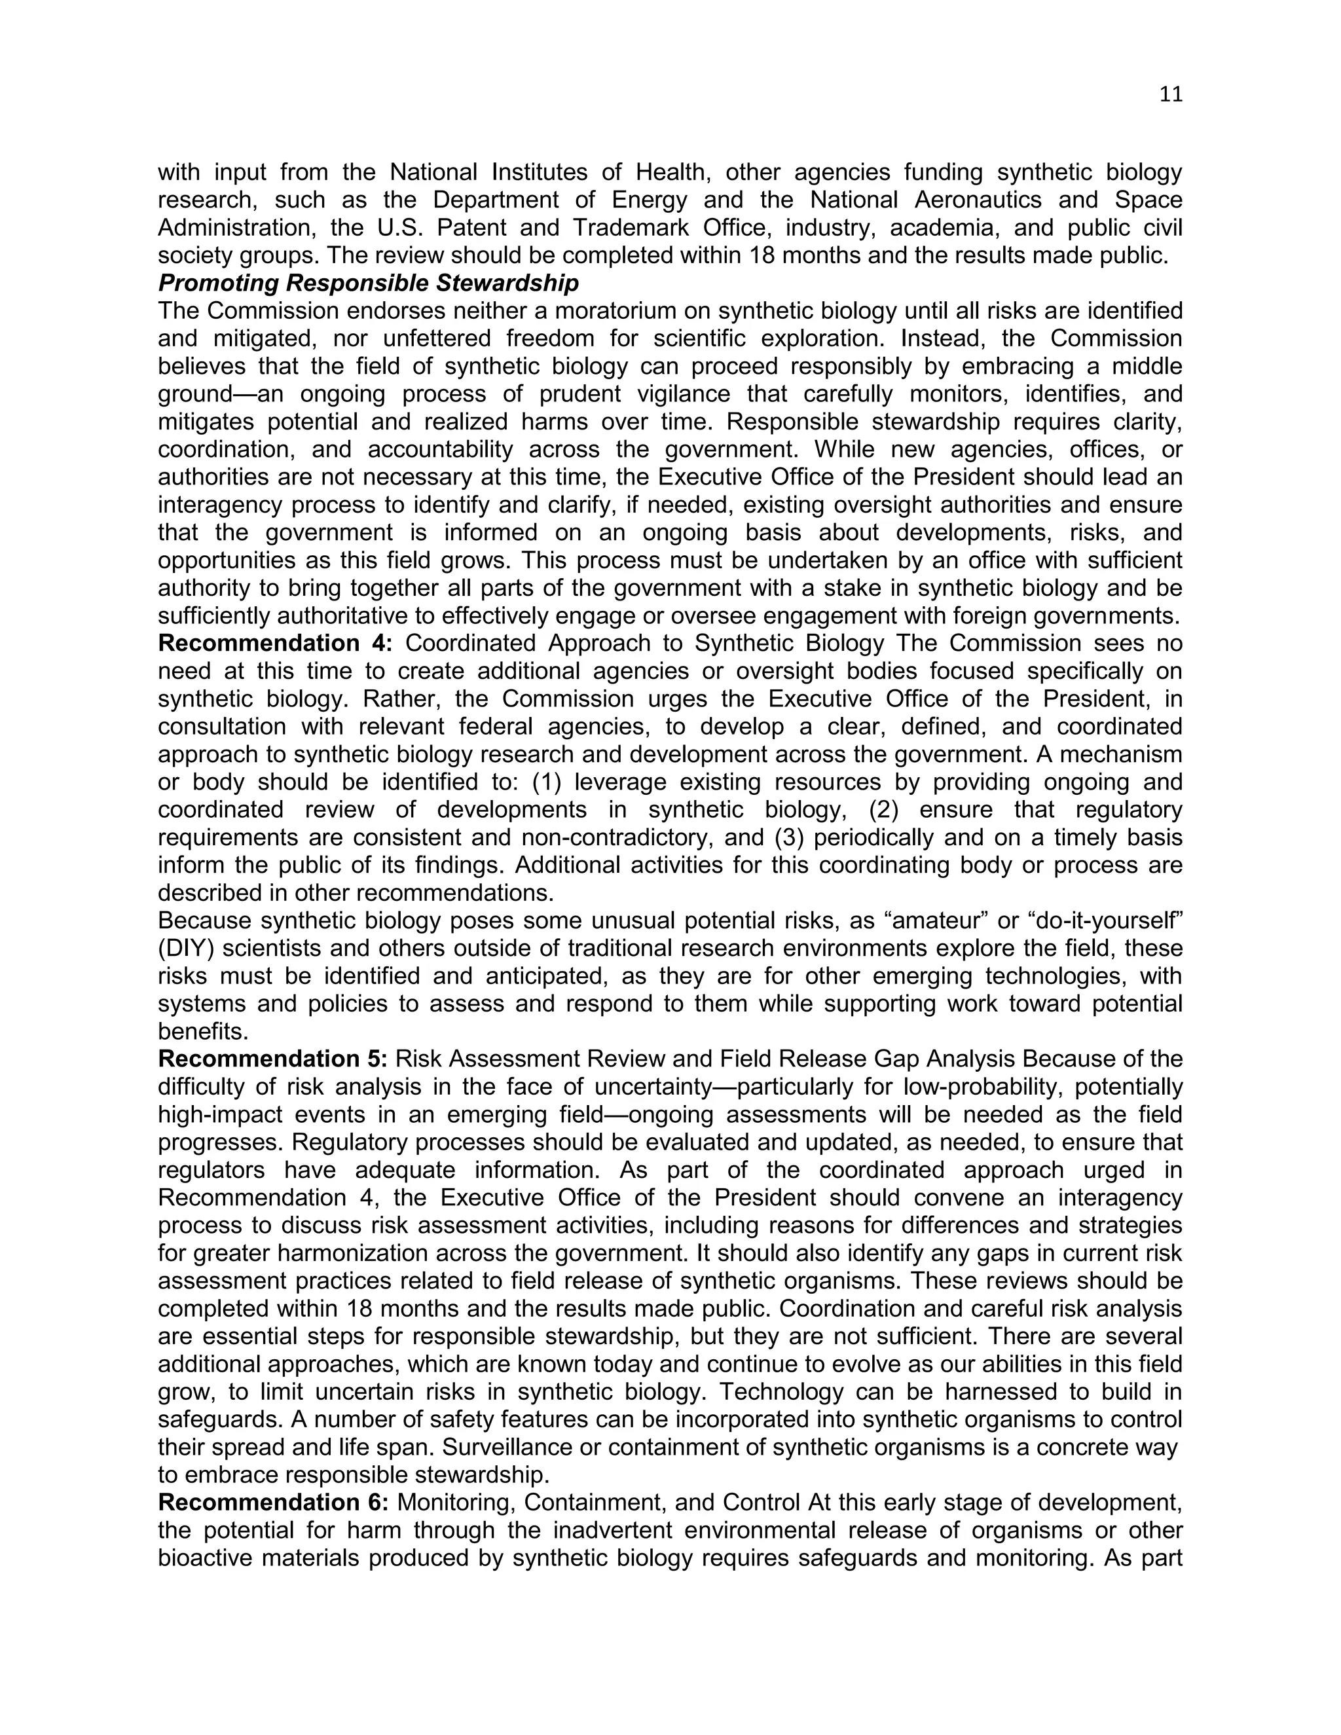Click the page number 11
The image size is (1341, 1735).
click(x=1170, y=94)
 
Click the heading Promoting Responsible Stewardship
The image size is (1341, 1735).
click(x=369, y=283)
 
